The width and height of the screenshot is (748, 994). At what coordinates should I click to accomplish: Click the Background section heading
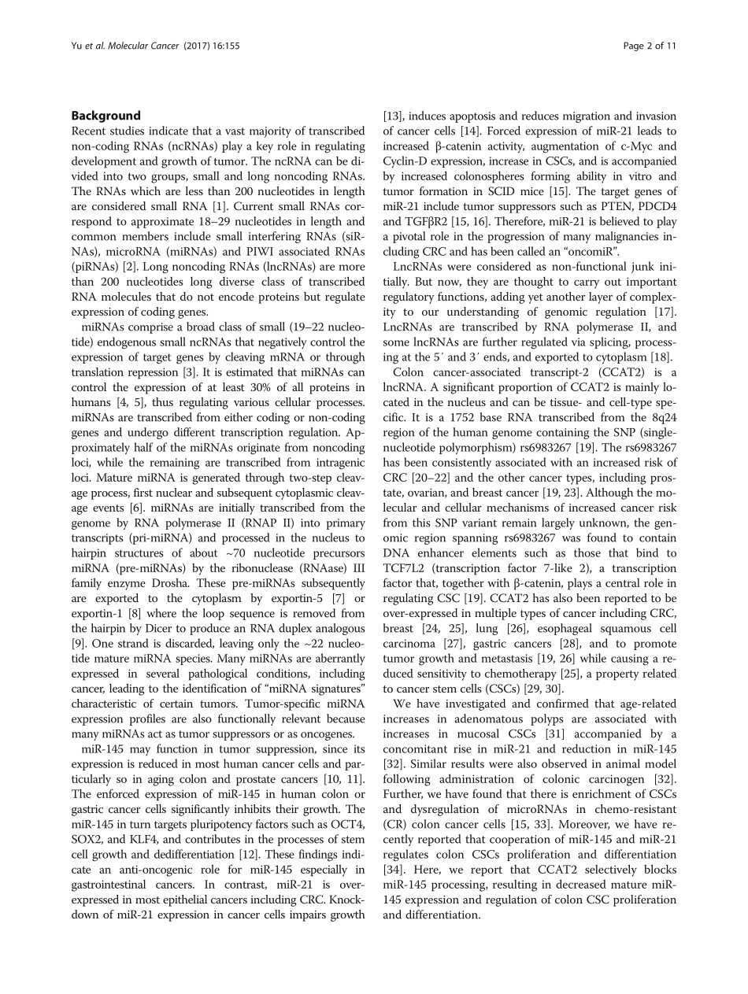coord(106,116)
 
